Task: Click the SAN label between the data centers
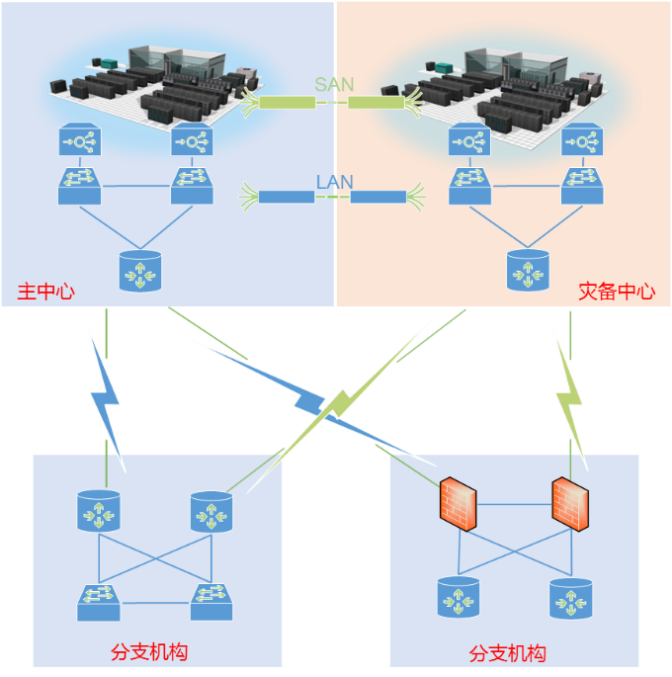click(334, 84)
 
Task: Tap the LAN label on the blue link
click(334, 182)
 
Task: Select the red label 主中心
click(45, 292)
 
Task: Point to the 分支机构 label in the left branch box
click(149, 651)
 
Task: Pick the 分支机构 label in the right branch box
click(507, 653)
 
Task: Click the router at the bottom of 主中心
click(139, 271)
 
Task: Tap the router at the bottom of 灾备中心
click(528, 270)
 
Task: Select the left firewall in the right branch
click(459, 502)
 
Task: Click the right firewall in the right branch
click(571, 503)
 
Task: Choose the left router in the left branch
click(99, 511)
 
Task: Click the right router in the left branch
click(211, 511)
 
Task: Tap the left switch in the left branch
click(99, 601)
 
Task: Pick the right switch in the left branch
click(211, 601)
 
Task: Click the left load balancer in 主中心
click(79, 139)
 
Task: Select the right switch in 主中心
click(192, 185)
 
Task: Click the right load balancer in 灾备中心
click(582, 140)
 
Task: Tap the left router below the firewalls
click(459, 597)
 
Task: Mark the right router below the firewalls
click(571, 598)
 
